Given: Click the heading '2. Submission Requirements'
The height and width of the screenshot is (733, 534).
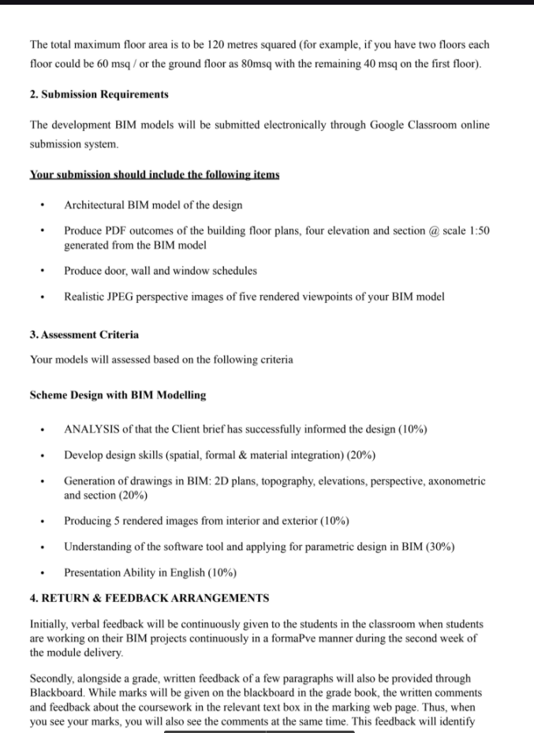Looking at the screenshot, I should pyautogui.click(x=99, y=94).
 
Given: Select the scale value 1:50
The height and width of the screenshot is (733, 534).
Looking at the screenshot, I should pyautogui.click(x=479, y=230).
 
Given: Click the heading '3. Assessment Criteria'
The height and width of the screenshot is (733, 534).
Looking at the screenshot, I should pyautogui.click(x=84, y=335).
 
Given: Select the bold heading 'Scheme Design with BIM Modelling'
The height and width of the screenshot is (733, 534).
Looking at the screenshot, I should pyautogui.click(x=118, y=395).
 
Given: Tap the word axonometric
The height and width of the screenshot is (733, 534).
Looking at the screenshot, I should pyautogui.click(x=455, y=481).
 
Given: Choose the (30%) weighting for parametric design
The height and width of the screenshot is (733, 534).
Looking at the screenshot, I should pyautogui.click(x=439, y=546).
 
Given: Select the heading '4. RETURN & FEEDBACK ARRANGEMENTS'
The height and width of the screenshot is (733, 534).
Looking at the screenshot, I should pyautogui.click(x=149, y=597).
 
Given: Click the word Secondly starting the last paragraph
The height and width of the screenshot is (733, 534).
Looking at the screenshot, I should pyautogui.click(x=52, y=678).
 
